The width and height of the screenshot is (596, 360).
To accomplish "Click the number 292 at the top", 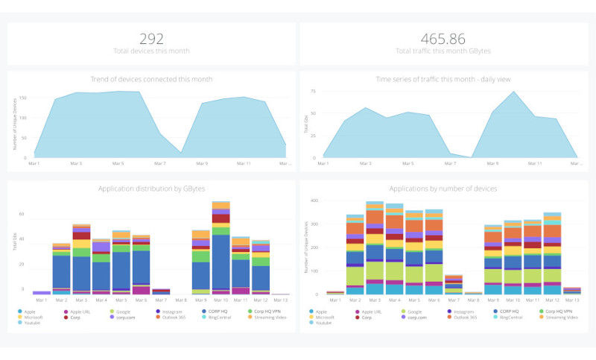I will pyautogui.click(x=152, y=38).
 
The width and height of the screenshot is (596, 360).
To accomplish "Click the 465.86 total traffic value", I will pyautogui.click(x=443, y=38).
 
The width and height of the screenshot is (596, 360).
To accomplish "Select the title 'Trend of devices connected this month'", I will pyautogui.click(x=152, y=79).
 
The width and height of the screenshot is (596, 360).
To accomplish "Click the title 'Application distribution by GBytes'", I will pyautogui.click(x=152, y=189).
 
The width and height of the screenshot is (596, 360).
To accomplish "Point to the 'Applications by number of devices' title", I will pyautogui.click(x=443, y=189).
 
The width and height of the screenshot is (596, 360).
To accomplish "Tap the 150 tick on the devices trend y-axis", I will pyautogui.click(x=22, y=98).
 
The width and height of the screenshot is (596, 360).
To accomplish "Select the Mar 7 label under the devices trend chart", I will pyautogui.click(x=159, y=163).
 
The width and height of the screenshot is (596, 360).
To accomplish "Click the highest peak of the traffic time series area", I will pyautogui.click(x=513, y=92).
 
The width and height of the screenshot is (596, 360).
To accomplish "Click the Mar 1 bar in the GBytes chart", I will pyautogui.click(x=42, y=293).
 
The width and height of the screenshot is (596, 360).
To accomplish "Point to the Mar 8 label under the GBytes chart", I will pyautogui.click(x=180, y=300).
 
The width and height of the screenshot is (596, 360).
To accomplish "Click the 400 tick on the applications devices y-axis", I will pyautogui.click(x=314, y=201).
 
